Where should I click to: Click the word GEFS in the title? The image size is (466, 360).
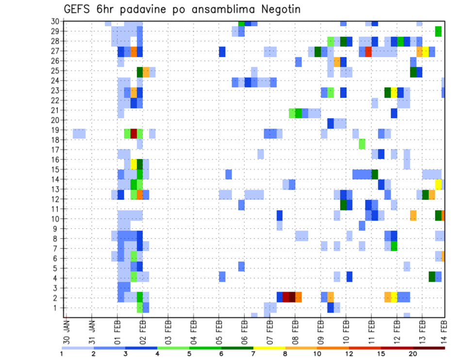(80, 9)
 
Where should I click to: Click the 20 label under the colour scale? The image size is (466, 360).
(413, 354)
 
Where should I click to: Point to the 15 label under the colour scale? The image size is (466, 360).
(381, 354)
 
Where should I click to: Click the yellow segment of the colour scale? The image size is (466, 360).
(269, 347)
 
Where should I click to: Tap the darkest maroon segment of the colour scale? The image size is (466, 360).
(429, 347)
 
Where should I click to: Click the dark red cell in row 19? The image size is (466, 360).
(133, 133)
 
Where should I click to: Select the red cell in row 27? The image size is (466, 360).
(368, 51)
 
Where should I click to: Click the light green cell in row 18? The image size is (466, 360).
(362, 144)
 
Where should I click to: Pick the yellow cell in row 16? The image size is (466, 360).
(133, 164)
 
